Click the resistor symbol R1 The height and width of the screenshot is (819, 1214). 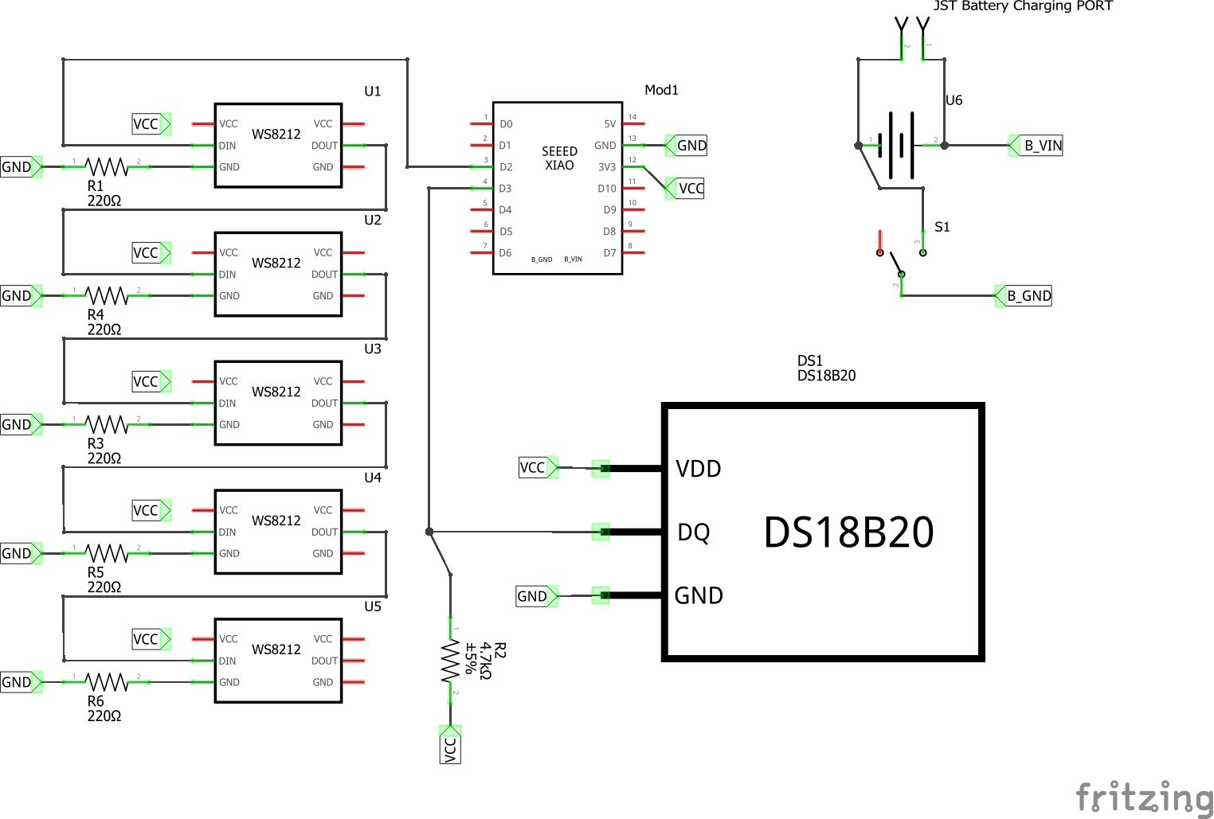tap(106, 167)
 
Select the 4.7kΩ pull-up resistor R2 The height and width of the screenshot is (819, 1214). tap(450, 661)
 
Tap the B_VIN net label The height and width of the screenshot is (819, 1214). tap(1042, 146)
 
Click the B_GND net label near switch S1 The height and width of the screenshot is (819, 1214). tap(1028, 296)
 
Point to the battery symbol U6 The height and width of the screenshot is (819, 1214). tap(901, 146)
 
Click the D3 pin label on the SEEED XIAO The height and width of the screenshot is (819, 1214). tap(505, 189)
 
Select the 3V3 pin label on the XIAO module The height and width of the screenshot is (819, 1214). tap(606, 167)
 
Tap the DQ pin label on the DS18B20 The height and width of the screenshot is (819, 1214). tap(693, 532)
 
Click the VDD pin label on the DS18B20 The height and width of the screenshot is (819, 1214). tap(698, 469)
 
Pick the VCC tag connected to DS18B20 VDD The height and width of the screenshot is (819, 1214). tap(533, 467)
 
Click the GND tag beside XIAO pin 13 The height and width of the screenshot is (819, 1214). tap(691, 146)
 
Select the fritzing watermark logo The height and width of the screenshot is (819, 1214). tap(1144, 796)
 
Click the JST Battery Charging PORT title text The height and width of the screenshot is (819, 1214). tap(1023, 6)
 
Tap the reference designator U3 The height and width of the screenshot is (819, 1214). tap(373, 349)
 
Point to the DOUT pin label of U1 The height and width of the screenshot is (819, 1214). tap(324, 146)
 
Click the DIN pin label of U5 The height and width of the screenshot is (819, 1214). tap(227, 661)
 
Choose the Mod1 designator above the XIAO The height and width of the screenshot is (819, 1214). tap(661, 90)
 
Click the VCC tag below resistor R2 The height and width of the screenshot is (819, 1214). tap(450, 749)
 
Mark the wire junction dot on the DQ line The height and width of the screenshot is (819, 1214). tap(429, 532)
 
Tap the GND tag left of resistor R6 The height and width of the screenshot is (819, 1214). tap(17, 682)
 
